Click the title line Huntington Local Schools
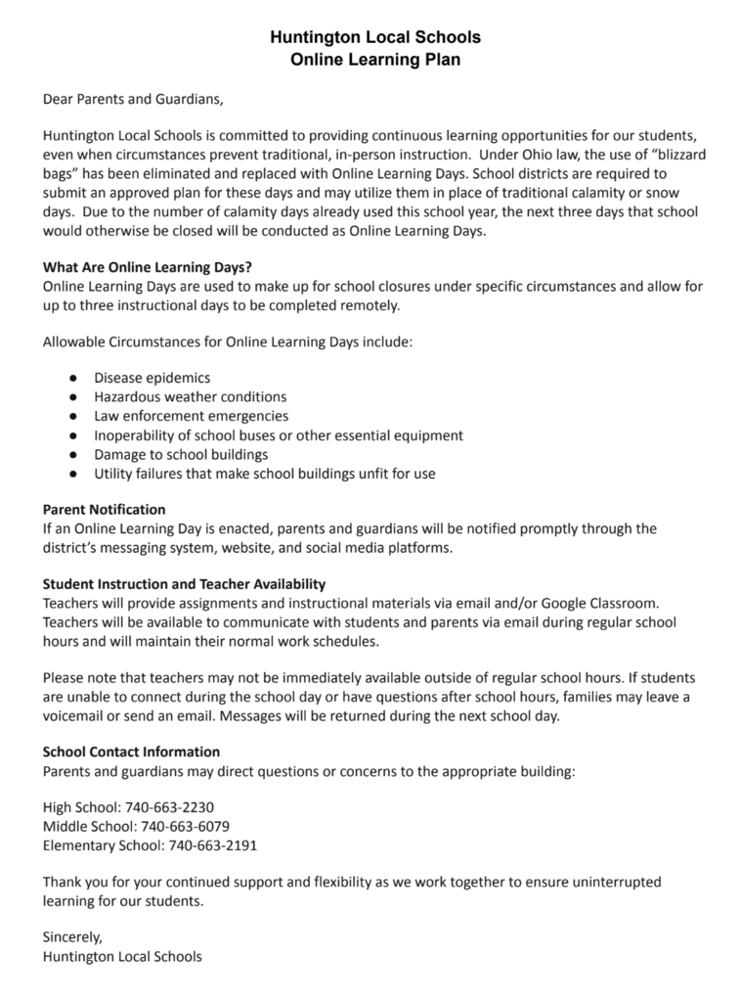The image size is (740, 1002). (375, 38)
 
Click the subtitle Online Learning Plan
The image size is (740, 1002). (375, 60)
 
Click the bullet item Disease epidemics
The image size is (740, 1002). (152, 377)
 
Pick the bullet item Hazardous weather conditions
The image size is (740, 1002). (190, 396)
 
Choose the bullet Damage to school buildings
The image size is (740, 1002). (181, 454)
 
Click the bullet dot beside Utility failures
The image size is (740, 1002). (73, 474)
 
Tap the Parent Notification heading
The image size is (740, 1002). (105, 510)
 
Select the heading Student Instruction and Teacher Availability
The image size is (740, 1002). (184, 584)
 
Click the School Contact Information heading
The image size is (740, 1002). (131, 751)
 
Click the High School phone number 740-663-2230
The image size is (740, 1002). (169, 807)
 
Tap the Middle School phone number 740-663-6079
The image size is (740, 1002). (185, 826)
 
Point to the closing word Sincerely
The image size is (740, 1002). (72, 936)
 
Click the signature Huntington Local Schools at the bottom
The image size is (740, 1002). (122, 956)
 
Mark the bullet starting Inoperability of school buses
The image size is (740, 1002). (279, 435)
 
